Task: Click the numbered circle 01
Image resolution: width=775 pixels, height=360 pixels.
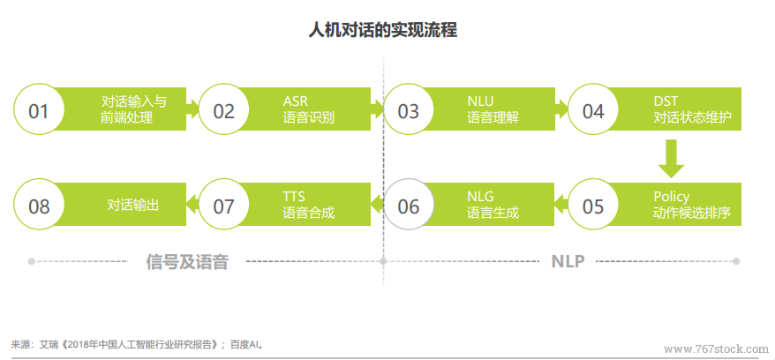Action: click(x=39, y=109)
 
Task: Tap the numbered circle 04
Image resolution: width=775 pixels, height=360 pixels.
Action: click(x=593, y=109)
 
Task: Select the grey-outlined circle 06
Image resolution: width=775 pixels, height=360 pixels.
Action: click(x=409, y=205)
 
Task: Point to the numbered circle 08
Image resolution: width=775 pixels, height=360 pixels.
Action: click(x=39, y=205)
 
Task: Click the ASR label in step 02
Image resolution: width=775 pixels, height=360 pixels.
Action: click(x=295, y=101)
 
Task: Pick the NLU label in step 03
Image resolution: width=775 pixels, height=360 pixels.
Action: click(x=480, y=101)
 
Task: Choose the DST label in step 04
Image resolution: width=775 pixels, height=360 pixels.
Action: click(x=666, y=101)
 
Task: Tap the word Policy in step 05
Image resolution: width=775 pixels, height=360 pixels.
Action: click(x=671, y=197)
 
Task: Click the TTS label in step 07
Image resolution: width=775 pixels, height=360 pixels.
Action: click(x=294, y=197)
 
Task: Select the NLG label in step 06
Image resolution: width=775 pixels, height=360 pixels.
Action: click(x=480, y=197)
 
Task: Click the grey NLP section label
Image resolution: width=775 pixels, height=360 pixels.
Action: click(x=568, y=261)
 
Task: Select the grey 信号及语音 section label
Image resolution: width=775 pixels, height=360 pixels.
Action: click(x=187, y=261)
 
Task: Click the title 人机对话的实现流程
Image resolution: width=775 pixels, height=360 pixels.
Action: click(x=382, y=30)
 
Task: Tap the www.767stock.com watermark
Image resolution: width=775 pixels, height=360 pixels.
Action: click(x=716, y=349)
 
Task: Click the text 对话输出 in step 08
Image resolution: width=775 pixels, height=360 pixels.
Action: click(x=133, y=205)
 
